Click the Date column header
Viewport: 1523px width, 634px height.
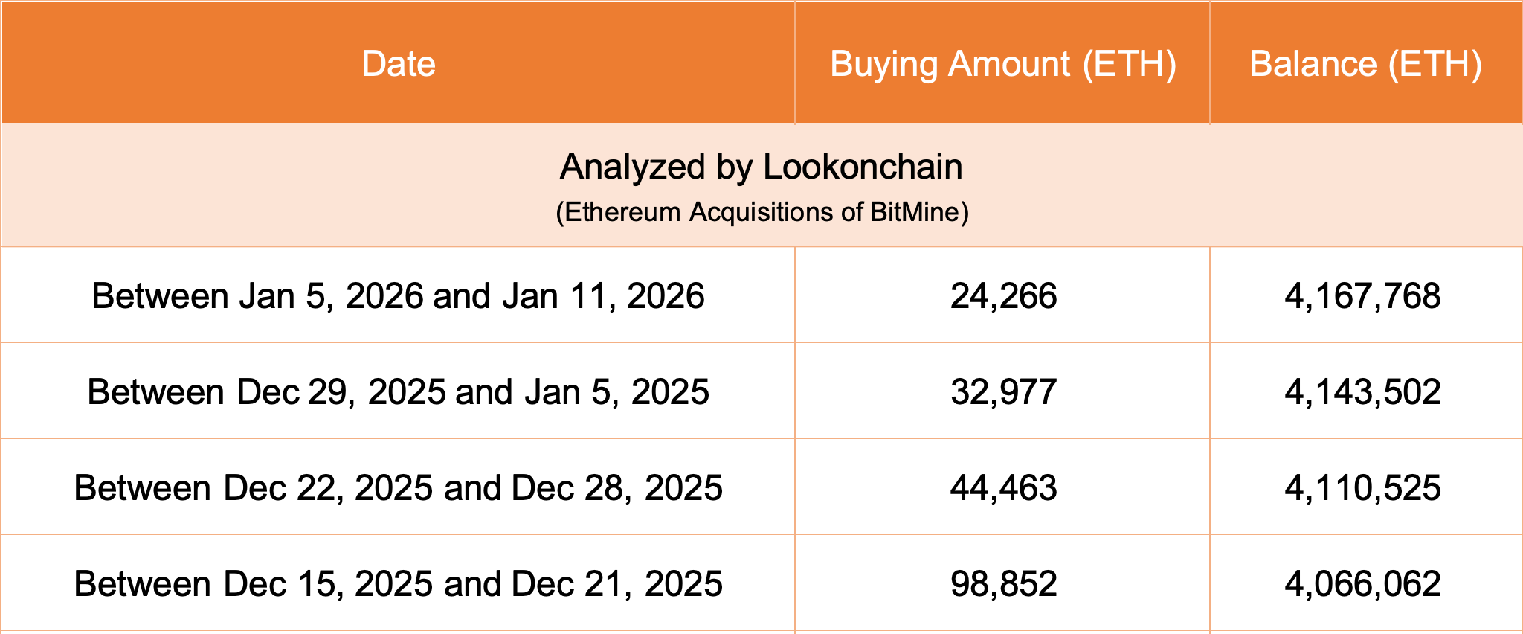pos(399,64)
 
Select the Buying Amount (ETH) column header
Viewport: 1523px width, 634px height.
pos(1002,64)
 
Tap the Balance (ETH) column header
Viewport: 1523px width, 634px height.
pos(1365,64)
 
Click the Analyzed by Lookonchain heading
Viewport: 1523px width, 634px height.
pos(761,167)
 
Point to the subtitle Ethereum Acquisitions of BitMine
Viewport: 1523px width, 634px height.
pos(762,212)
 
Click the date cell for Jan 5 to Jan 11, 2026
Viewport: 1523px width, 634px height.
pos(398,296)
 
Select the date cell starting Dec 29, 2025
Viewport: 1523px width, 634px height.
pos(398,392)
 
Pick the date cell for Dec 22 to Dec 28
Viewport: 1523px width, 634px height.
pos(398,488)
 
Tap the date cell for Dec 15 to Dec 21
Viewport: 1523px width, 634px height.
pos(398,584)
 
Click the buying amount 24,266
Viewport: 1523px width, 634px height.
pos(1003,296)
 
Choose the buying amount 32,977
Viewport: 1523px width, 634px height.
pos(1003,392)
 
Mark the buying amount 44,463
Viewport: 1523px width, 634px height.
pos(1003,488)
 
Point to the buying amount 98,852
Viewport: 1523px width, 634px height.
pos(1003,584)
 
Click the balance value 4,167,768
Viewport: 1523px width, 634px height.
pos(1362,296)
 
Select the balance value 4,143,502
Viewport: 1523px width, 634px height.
pos(1362,392)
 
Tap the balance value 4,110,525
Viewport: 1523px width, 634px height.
pos(1362,488)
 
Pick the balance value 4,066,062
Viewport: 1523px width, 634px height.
pos(1362,584)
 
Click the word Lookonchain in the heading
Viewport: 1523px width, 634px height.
pos(863,167)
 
